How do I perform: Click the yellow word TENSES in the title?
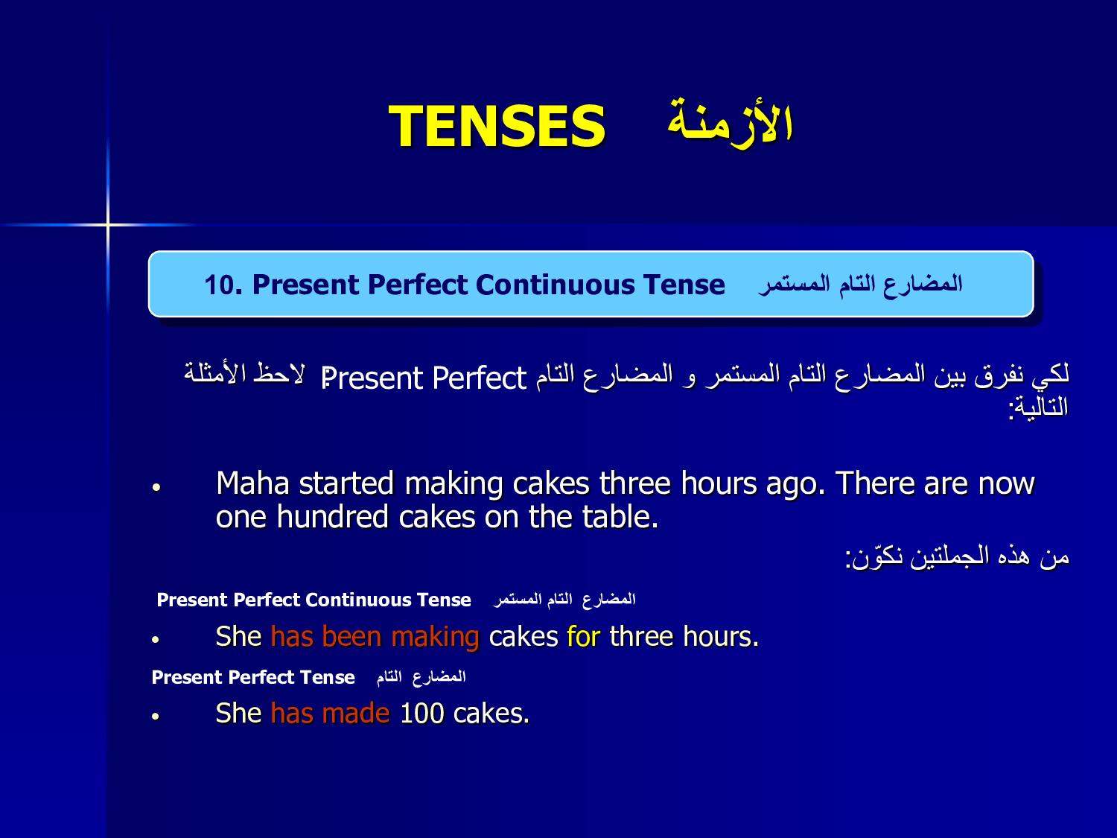click(x=497, y=126)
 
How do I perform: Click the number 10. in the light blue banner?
click(x=223, y=285)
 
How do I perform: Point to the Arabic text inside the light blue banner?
click(x=860, y=284)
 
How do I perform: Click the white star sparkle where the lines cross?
click(x=108, y=224)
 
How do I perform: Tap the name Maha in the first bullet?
click(x=253, y=483)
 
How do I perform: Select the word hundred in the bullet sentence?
click(x=333, y=517)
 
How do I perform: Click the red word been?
click(x=351, y=637)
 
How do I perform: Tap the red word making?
click(x=435, y=638)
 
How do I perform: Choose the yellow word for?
click(x=584, y=637)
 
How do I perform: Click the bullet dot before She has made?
click(x=156, y=717)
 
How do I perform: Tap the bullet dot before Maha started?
click(x=156, y=487)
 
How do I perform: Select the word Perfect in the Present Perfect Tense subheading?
click(x=261, y=677)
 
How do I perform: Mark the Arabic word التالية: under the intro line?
click(x=1037, y=407)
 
